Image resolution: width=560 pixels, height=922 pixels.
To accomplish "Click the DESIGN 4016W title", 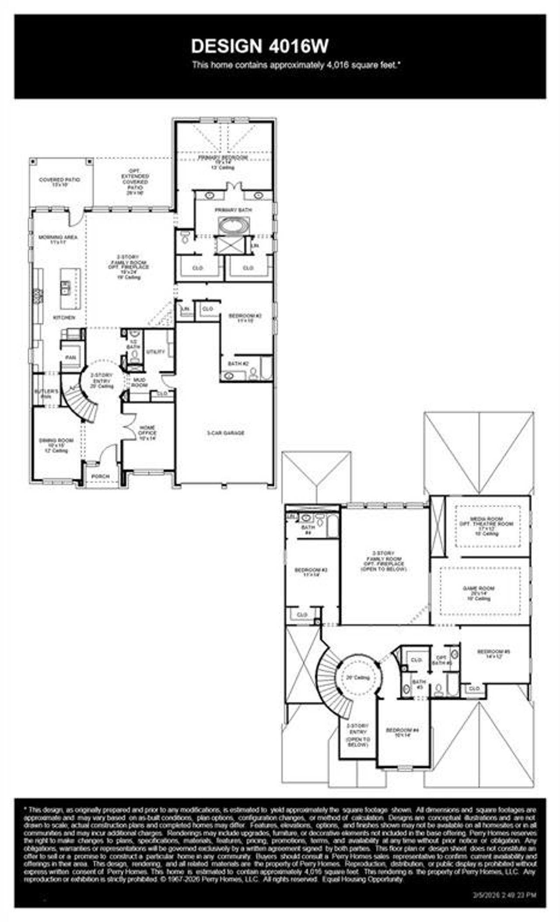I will pyautogui.click(x=259, y=46).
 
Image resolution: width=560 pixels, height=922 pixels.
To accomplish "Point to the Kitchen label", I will pyautogui.click(x=64, y=317).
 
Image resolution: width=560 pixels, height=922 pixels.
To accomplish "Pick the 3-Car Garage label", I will pyautogui.click(x=226, y=433).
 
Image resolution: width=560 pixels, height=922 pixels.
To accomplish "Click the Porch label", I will pyautogui.click(x=101, y=476).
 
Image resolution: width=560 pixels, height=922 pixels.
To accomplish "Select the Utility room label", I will pyautogui.click(x=155, y=352).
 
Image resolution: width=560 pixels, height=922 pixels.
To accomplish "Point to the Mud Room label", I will pyautogui.click(x=139, y=383).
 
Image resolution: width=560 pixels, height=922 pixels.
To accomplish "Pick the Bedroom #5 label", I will pyautogui.click(x=493, y=654).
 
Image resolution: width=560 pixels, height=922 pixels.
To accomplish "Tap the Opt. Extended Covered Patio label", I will pyautogui.click(x=135, y=182).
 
